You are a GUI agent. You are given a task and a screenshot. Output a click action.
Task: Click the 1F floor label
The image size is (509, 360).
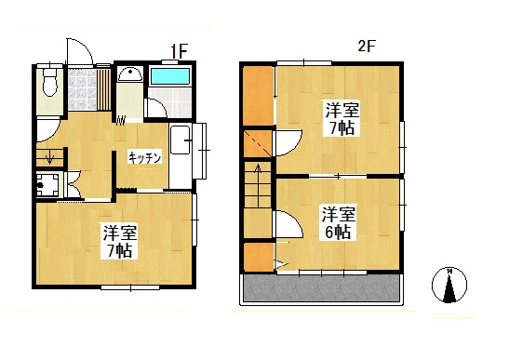pyautogui.click(x=179, y=50)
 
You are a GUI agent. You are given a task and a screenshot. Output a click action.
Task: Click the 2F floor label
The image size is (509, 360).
pyautogui.click(x=368, y=45)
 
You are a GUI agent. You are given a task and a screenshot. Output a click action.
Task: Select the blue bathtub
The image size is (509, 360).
pyautogui.click(x=169, y=75)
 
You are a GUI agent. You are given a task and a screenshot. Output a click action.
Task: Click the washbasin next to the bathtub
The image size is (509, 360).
pyautogui.click(x=131, y=77)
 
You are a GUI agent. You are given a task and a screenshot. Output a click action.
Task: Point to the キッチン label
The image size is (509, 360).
pyautogui.click(x=145, y=157)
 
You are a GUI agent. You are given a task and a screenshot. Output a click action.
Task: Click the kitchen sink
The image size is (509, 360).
pyautogui.click(x=181, y=145)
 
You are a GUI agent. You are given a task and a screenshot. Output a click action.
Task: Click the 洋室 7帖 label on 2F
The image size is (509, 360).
pyautogui.click(x=341, y=118)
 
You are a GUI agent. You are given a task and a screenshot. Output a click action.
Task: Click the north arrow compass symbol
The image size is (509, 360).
pyautogui.click(x=449, y=286)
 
